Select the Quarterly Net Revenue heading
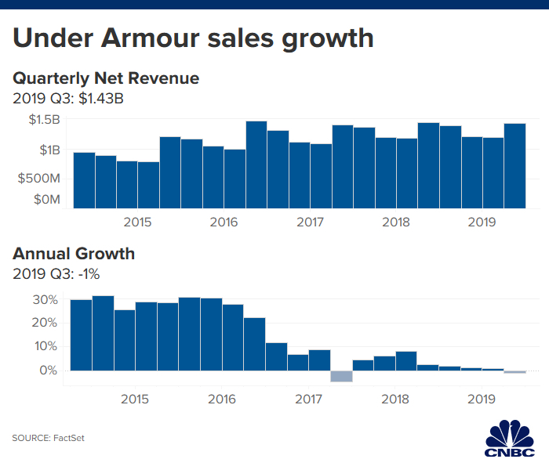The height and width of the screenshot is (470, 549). click(x=106, y=78)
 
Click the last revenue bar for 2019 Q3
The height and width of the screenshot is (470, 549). click(x=514, y=166)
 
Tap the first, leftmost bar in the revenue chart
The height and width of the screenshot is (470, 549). click(x=84, y=180)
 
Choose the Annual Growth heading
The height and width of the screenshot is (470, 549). click(x=74, y=254)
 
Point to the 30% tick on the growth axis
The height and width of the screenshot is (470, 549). click(x=45, y=300)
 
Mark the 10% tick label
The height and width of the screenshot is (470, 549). click(x=45, y=346)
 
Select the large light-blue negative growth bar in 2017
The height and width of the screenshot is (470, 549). click(x=341, y=376)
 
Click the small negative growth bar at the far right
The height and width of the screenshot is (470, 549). click(x=514, y=372)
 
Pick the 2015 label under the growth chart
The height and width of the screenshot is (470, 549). click(x=135, y=399)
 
